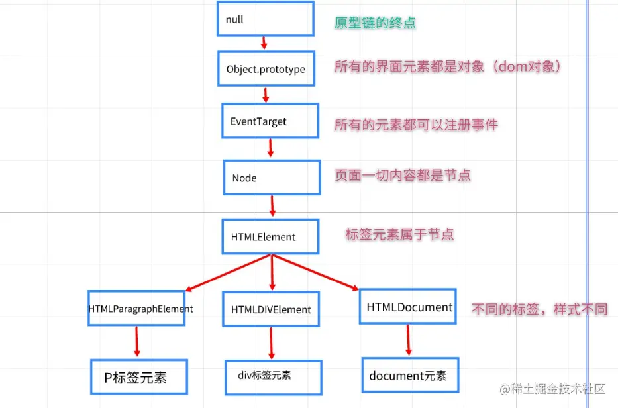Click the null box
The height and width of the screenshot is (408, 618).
tap(265, 19)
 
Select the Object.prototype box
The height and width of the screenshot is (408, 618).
tap(266, 69)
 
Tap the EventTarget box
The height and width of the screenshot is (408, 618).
tap(270, 121)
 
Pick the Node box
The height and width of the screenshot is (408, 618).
tap(272, 178)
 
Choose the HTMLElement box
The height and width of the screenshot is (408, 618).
tap(270, 236)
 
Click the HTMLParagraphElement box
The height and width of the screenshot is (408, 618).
tap(136, 308)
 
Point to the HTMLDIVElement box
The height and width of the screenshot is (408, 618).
tap(271, 309)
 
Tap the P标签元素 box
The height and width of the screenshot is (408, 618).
tap(139, 378)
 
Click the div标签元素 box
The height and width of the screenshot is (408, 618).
tap(273, 375)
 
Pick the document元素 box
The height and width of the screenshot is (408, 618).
tap(409, 376)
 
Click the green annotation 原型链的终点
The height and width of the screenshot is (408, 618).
tap(376, 23)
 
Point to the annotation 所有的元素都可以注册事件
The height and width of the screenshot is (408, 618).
tap(416, 125)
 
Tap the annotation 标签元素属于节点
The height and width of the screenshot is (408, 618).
tap(399, 234)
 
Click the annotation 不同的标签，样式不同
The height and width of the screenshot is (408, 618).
tap(539, 309)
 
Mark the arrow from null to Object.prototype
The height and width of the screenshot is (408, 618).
tap(264, 43)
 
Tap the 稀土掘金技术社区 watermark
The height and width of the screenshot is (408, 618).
tap(556, 389)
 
